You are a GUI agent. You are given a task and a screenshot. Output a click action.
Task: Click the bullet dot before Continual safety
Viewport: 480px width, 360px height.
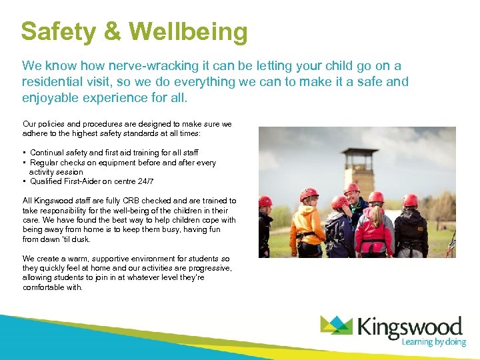pos(24,153)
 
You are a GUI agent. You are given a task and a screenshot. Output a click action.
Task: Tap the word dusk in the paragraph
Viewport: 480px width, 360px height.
pos(82,239)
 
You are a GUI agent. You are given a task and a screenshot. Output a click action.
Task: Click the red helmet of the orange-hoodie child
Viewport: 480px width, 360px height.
pos(309,193)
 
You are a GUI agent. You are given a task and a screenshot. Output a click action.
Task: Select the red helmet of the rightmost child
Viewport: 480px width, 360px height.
pos(410,199)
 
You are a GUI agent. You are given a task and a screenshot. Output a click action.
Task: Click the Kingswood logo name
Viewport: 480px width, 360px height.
pos(409,327)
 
